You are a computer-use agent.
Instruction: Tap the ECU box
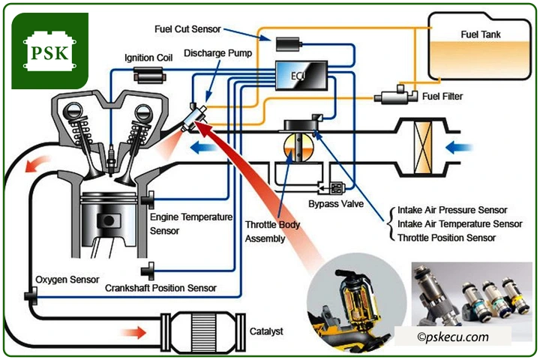pos(299,74)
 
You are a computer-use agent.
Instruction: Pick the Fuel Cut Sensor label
pos(187,29)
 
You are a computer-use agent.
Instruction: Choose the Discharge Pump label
pos(217,53)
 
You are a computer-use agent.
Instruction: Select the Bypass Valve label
pos(331,203)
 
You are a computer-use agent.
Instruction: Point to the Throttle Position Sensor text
pos(446,238)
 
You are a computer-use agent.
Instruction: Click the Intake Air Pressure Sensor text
pos(451,210)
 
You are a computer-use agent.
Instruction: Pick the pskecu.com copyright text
pos(453,337)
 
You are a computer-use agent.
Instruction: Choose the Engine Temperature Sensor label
pos(191,223)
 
